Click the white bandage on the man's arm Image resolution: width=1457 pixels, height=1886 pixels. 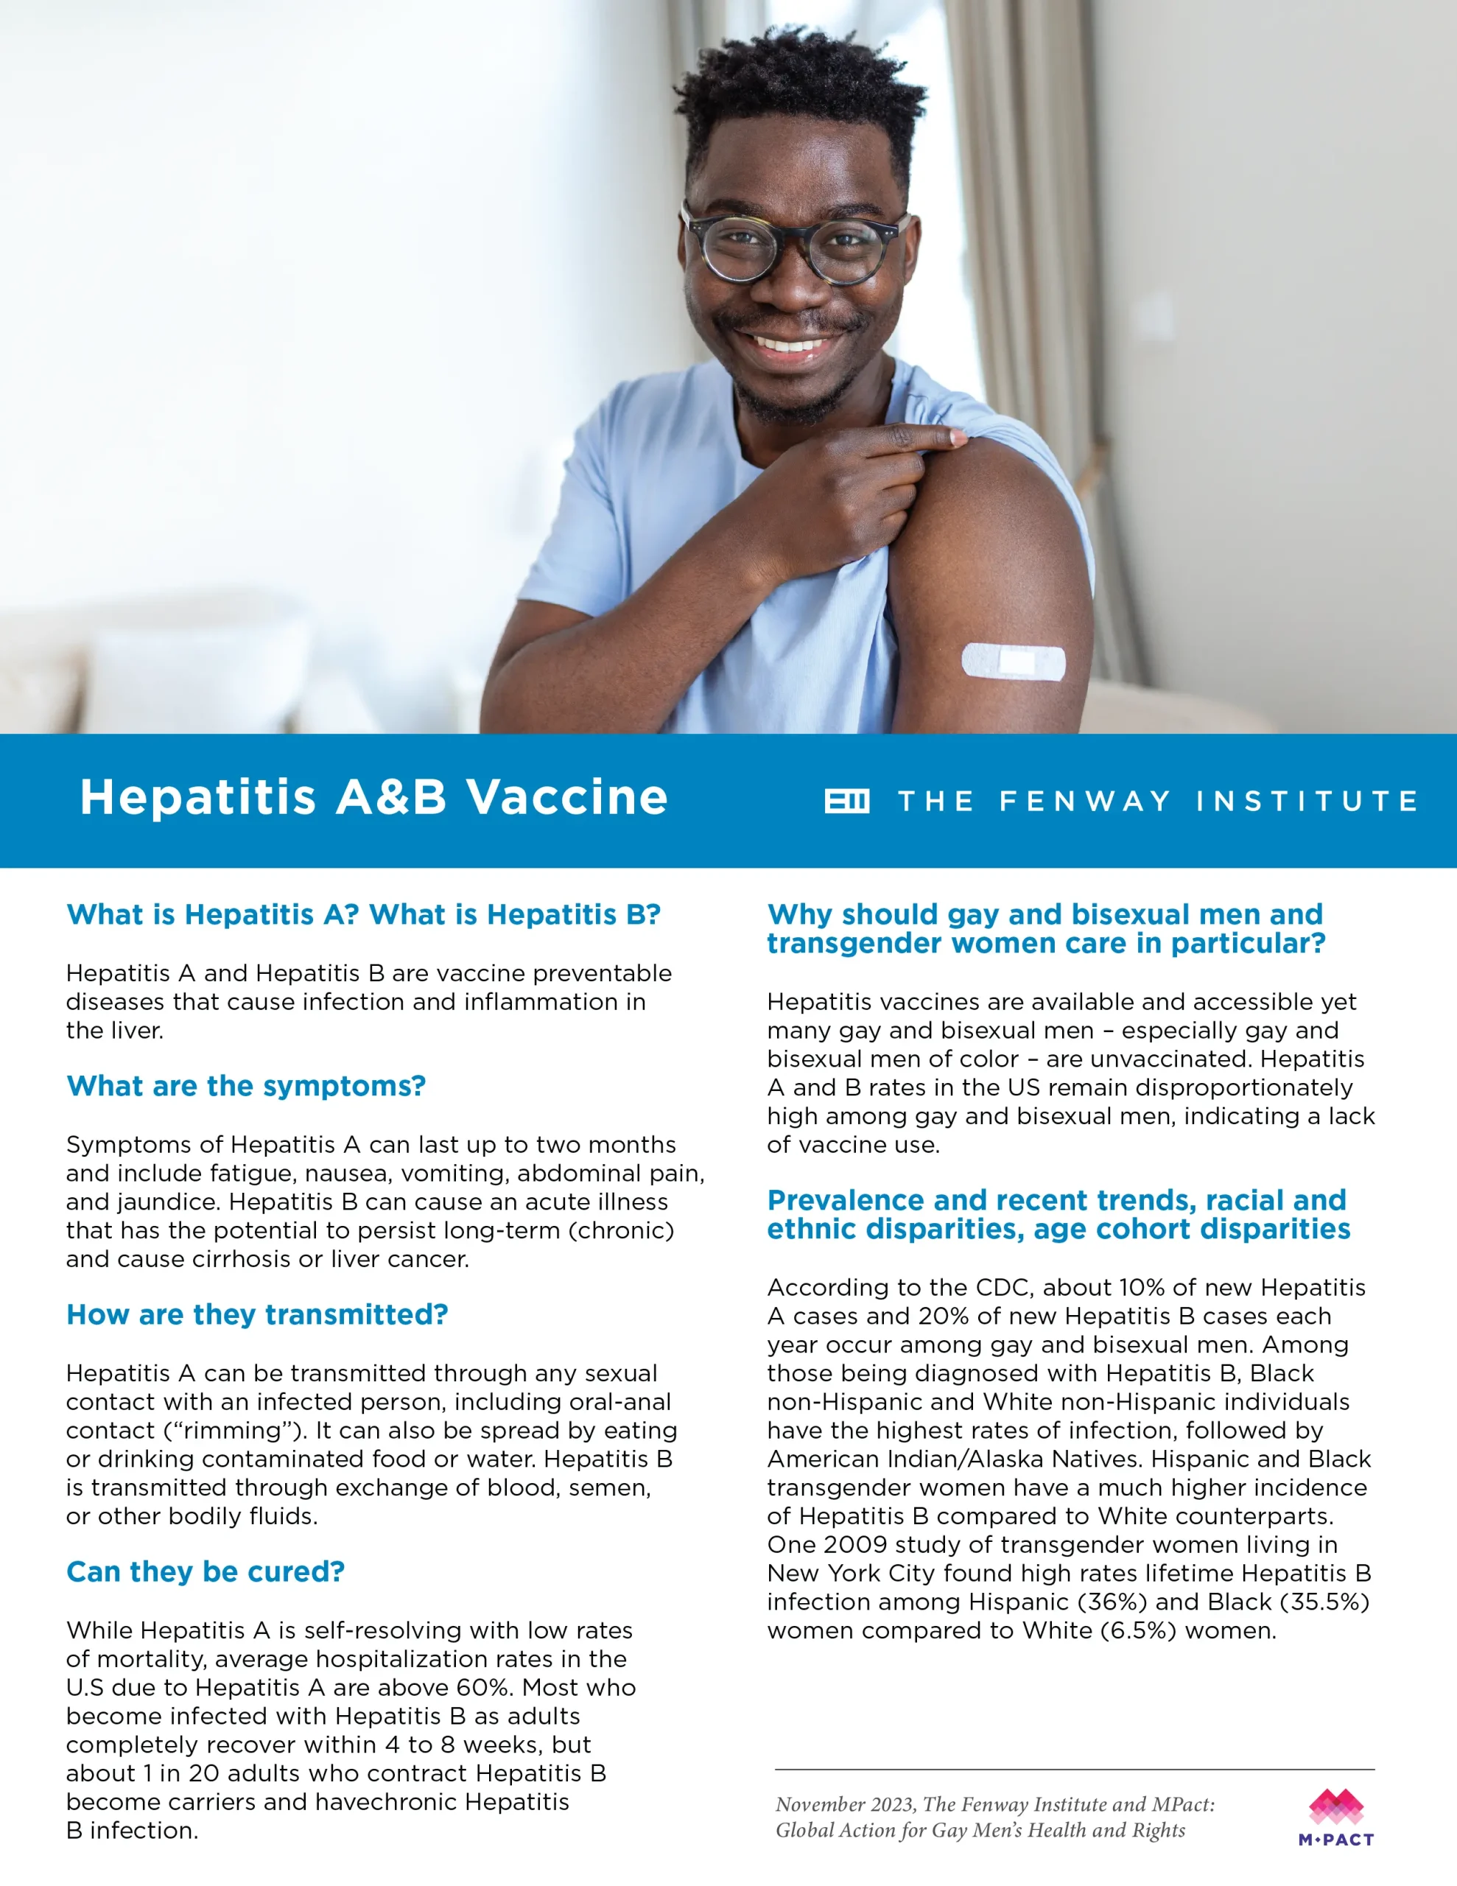tap(1013, 662)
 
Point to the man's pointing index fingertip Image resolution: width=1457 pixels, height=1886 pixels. tap(957, 438)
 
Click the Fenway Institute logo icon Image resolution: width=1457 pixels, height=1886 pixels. tap(846, 802)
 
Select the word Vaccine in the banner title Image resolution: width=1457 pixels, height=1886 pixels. tap(567, 797)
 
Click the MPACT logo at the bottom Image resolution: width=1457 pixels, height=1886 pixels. tap(1335, 1817)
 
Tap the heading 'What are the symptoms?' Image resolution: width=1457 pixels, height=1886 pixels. tap(246, 1085)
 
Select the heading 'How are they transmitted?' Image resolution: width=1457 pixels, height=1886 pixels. tap(257, 1314)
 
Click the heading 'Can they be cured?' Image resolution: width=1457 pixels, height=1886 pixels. tap(206, 1571)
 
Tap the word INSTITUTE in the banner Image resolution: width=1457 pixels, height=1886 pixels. tap(1306, 802)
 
